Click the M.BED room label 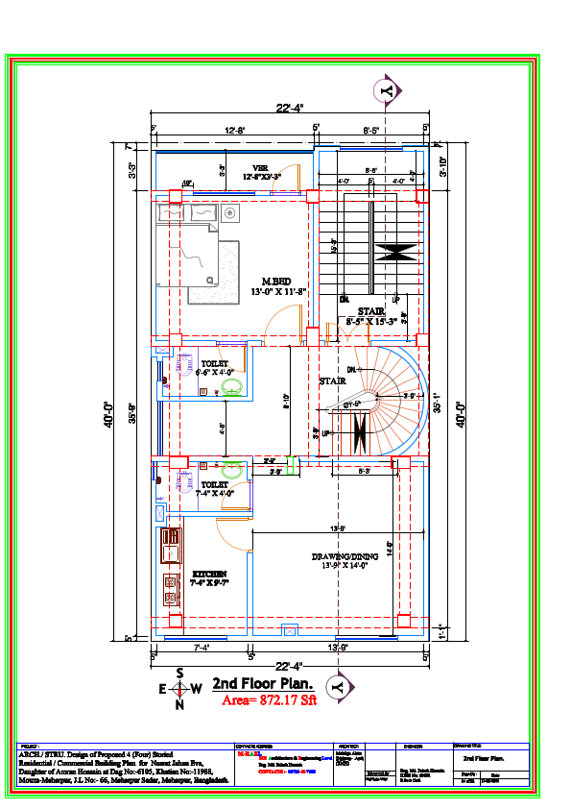click(x=276, y=282)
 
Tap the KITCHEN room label click(x=208, y=574)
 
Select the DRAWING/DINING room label click(x=344, y=557)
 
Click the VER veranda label click(x=260, y=167)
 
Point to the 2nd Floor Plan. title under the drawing click(x=263, y=683)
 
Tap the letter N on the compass click(x=179, y=705)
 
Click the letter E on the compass click(x=162, y=689)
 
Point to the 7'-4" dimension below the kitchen click(x=202, y=649)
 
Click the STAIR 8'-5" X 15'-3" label click(x=371, y=316)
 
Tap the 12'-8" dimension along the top click(x=235, y=129)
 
